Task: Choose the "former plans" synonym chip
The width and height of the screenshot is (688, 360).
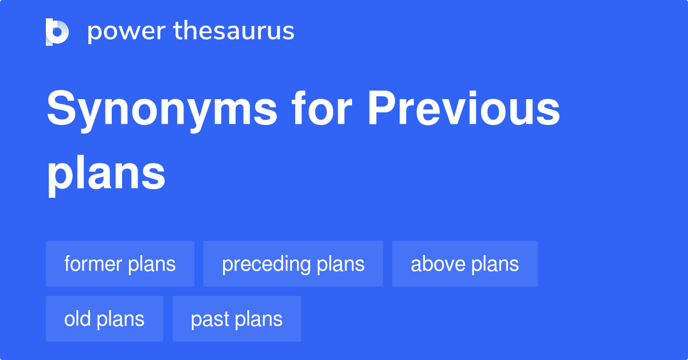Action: pos(120,264)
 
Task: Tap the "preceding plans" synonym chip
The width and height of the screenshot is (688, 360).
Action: pos(293,264)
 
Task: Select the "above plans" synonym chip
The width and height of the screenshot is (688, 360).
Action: pos(464,264)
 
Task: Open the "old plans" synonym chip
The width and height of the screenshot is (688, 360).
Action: pos(104,319)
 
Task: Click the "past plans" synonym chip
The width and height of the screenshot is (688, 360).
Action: pos(236,319)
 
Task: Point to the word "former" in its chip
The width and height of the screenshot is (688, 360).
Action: pos(93,264)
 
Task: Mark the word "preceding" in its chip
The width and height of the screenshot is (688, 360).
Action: pos(267,264)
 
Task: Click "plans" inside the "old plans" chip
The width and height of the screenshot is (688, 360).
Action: pos(120,319)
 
